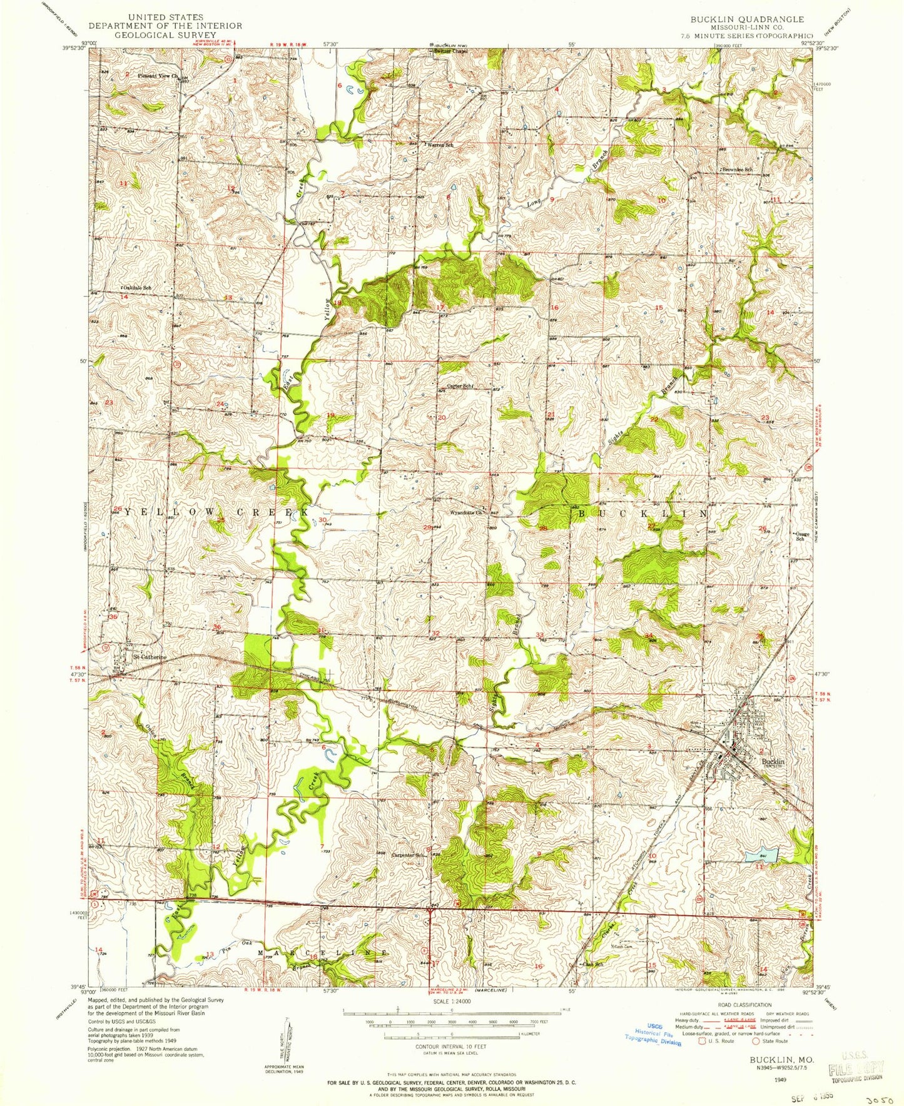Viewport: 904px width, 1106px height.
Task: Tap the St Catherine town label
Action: coord(150,657)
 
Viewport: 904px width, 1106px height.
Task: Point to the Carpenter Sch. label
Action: coord(409,856)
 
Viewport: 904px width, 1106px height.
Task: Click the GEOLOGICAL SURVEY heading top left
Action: coord(165,34)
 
